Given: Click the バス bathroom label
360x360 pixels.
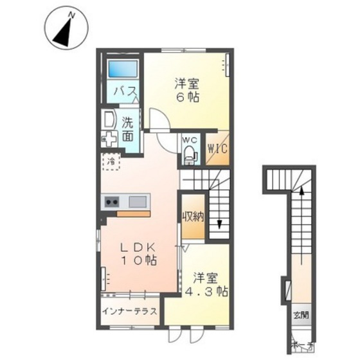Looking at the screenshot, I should click(123, 93).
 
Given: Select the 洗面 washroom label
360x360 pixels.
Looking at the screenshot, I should click(129, 128).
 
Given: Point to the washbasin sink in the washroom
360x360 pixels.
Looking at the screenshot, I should click(109, 119).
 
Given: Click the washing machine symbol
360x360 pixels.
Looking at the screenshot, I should click(109, 138).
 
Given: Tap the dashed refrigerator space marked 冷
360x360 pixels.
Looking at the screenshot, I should click(112, 162).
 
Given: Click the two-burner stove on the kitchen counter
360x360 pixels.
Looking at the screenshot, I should click(111, 202).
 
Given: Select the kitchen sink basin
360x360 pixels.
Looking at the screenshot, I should click(138, 202).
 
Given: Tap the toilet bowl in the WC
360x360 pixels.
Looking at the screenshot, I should click(190, 153).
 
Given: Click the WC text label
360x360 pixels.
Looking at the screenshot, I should click(189, 139).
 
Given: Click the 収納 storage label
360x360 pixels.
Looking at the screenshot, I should click(192, 217).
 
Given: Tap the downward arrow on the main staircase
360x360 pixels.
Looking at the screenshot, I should click(220, 222).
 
